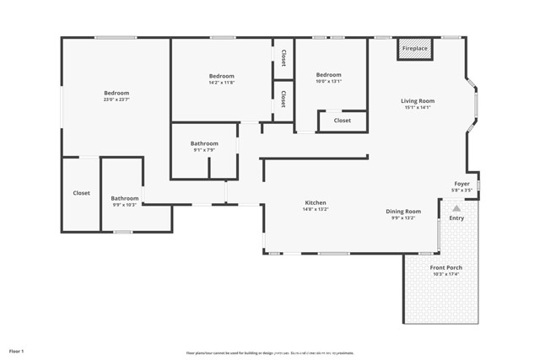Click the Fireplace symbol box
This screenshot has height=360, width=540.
pyautogui.click(x=414, y=49)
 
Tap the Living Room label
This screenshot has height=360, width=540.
pyautogui.click(x=417, y=101)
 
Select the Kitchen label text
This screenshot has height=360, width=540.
pyautogui.click(x=316, y=202)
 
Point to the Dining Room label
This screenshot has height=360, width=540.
pyautogui.click(x=403, y=212)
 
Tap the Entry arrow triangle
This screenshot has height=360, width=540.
pyautogui.click(x=456, y=207)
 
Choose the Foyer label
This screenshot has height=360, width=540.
pyautogui.click(x=462, y=183)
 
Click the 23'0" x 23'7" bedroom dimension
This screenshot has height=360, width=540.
pyautogui.click(x=116, y=99)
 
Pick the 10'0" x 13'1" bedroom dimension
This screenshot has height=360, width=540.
pyautogui.click(x=329, y=82)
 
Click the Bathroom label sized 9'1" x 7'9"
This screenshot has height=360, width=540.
pyautogui.click(x=204, y=150)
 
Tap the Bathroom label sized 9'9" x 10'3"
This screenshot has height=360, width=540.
pyautogui.click(x=125, y=205)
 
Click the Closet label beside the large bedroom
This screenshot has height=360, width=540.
pyautogui.click(x=81, y=193)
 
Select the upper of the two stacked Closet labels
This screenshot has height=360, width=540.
pyautogui.click(x=283, y=58)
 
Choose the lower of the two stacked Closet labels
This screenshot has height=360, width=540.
pyautogui.click(x=283, y=99)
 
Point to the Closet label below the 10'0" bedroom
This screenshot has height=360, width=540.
pyautogui.click(x=343, y=121)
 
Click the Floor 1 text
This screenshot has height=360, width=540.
pyautogui.click(x=17, y=350)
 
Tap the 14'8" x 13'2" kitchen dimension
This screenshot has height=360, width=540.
pyautogui.click(x=316, y=209)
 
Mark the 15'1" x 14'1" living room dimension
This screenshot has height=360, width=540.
pyautogui.click(x=417, y=108)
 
